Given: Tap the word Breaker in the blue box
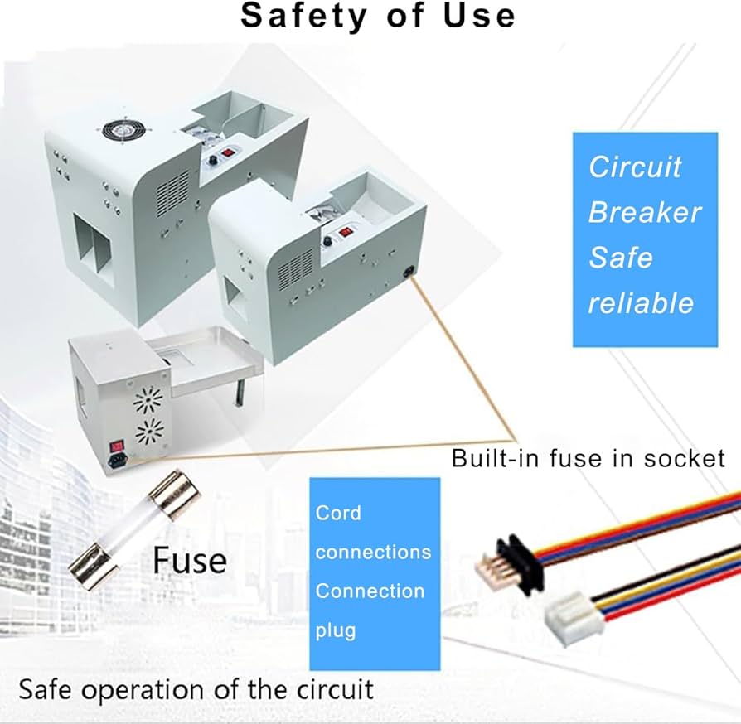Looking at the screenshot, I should [x=644, y=212].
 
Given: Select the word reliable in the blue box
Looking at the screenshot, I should [x=641, y=302].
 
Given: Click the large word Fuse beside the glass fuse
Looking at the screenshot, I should [x=189, y=561].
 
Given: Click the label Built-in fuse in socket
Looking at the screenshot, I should [x=588, y=458].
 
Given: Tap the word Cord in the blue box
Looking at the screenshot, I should [x=338, y=512].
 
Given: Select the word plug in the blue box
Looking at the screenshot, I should [x=335, y=630].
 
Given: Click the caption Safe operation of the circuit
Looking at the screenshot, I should [x=196, y=688].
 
